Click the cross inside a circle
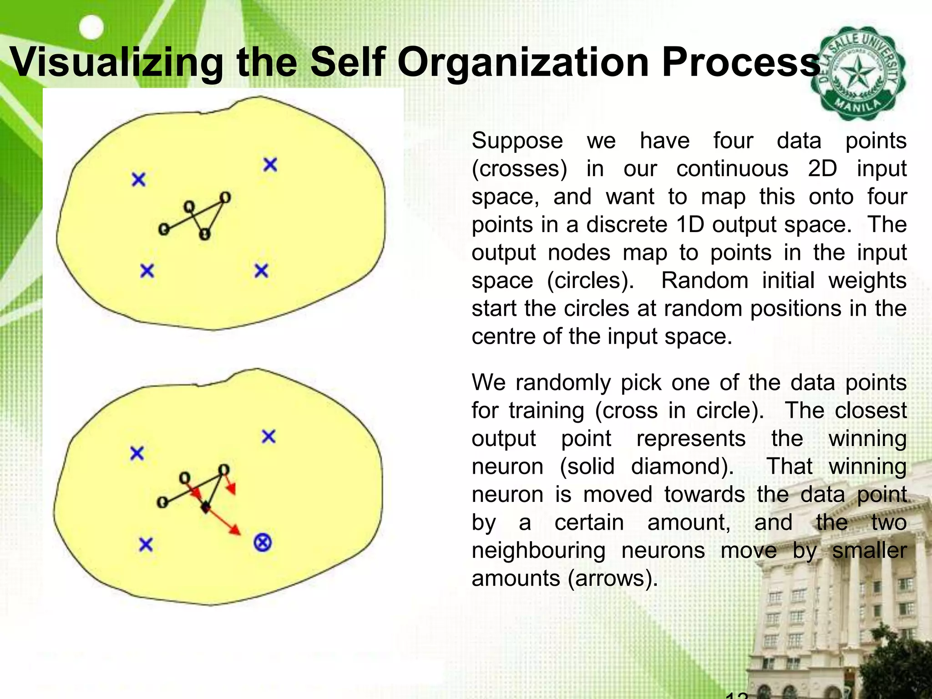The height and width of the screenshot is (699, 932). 263,542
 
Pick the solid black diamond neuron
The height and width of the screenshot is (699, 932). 206,507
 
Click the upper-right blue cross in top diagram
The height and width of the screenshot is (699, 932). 270,164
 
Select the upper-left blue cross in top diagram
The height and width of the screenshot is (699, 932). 138,179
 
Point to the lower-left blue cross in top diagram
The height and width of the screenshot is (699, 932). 147,271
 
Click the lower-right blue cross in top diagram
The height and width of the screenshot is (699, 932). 261,271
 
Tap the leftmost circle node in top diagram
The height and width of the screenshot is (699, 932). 163,230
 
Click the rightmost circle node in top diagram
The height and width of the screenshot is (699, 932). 225,198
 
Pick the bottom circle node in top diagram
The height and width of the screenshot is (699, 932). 205,234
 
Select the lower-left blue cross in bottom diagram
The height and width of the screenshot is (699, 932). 146,544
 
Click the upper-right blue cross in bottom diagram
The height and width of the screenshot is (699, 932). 269,437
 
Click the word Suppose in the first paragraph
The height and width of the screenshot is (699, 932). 517,141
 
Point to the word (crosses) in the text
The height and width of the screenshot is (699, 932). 519,169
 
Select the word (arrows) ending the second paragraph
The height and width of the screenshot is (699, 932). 613,579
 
